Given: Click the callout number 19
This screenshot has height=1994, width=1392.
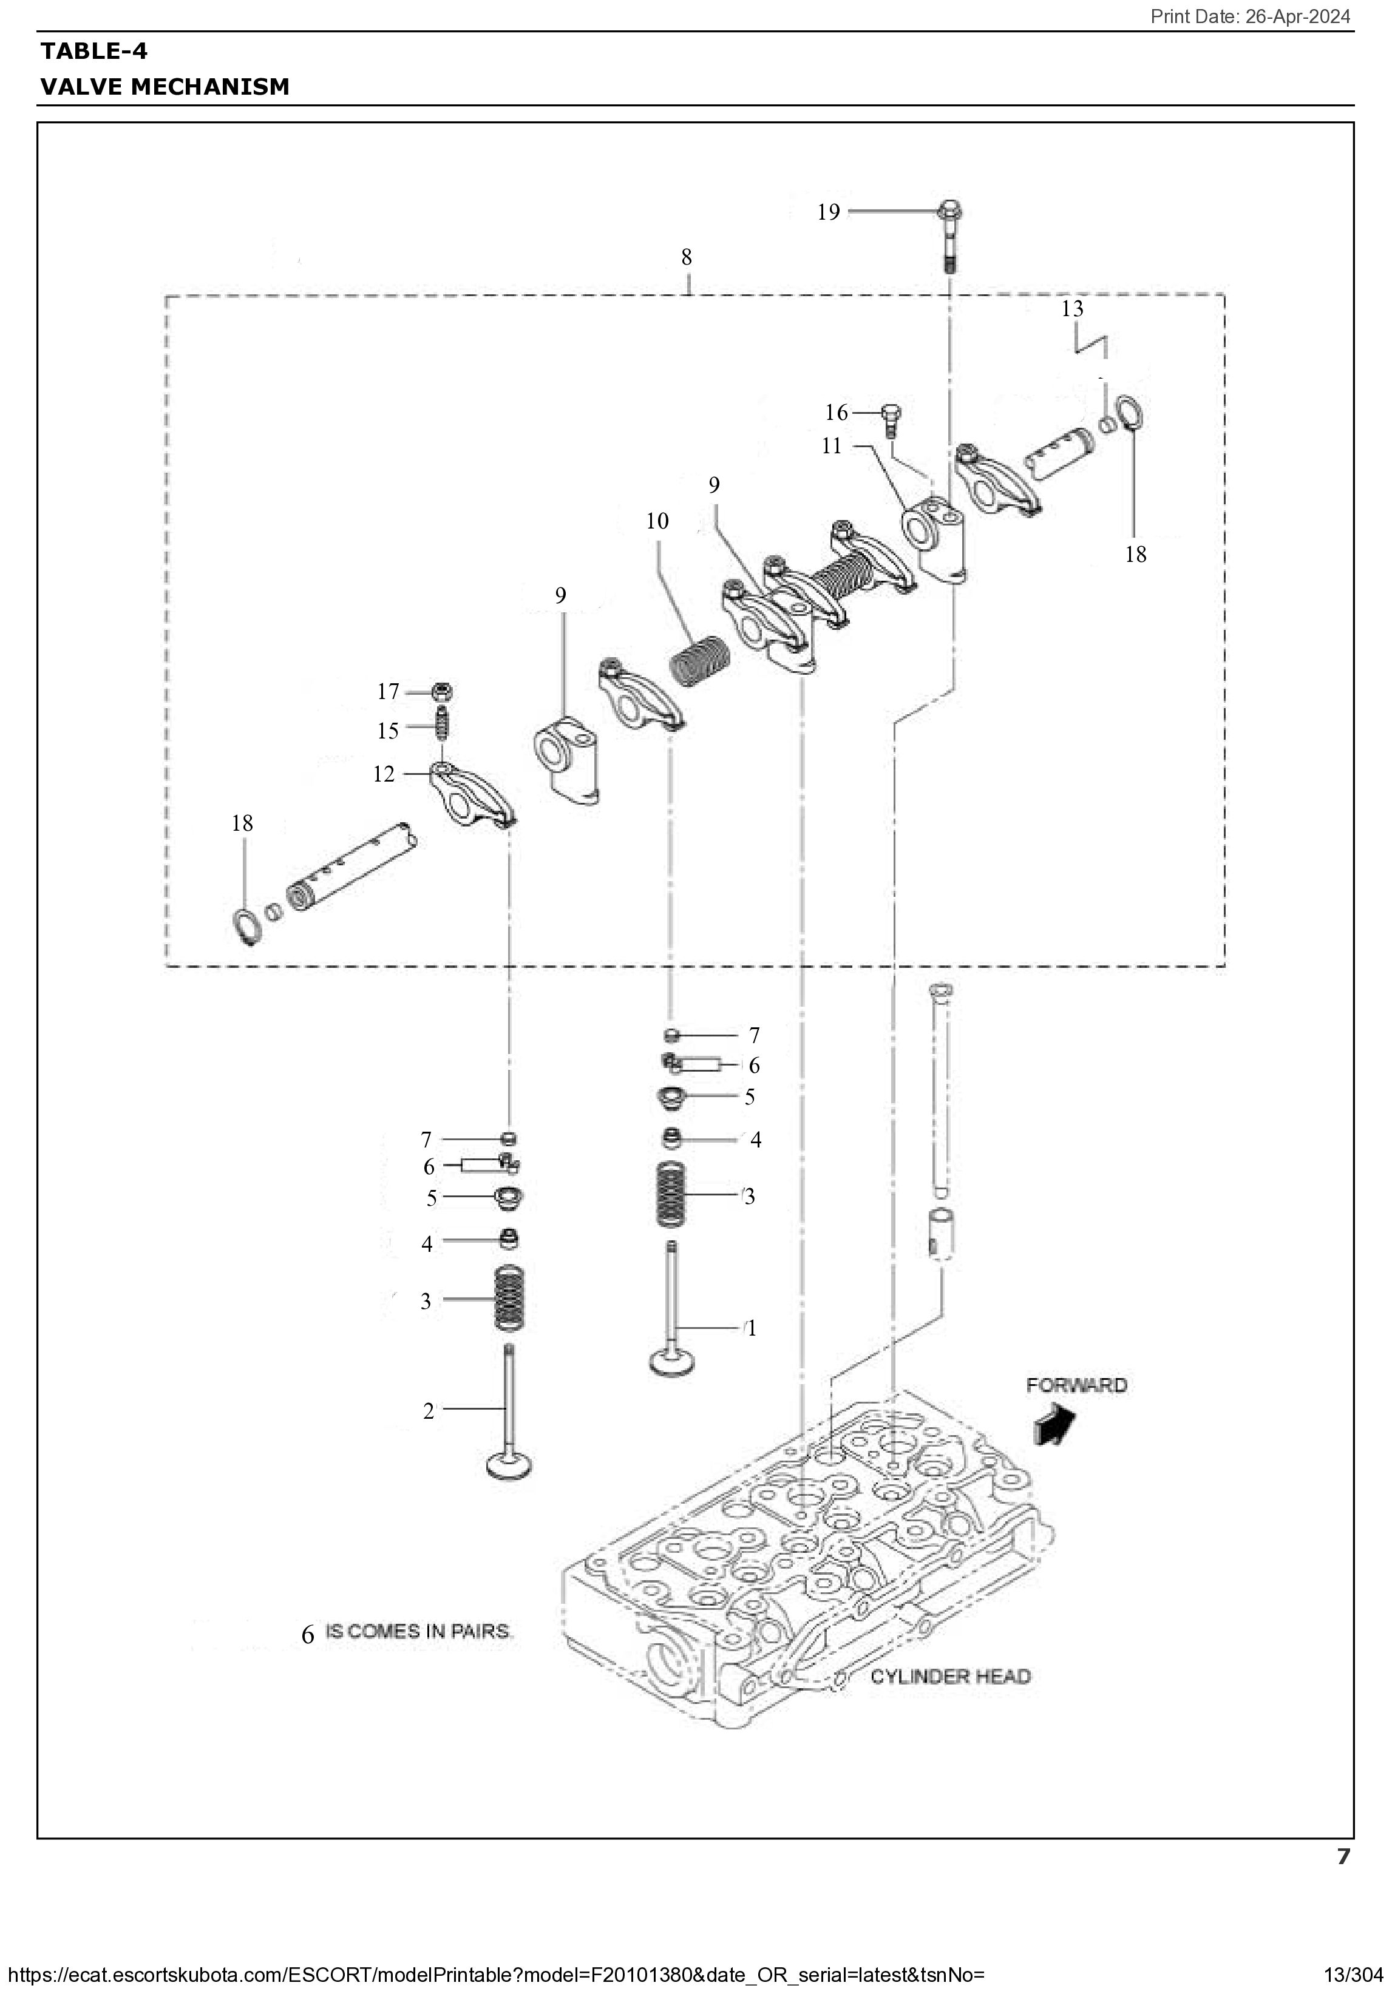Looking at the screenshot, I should click(x=828, y=212).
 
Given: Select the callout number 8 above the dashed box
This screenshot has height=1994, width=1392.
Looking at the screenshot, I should click(x=687, y=257).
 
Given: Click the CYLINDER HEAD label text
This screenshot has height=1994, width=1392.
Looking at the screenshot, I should click(x=949, y=1676).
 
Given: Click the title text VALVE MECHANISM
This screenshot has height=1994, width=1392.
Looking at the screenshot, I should click(x=165, y=87).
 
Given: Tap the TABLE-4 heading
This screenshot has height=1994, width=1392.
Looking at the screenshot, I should click(x=94, y=51).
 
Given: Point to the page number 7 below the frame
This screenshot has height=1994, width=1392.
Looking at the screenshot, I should click(x=1343, y=1857).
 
